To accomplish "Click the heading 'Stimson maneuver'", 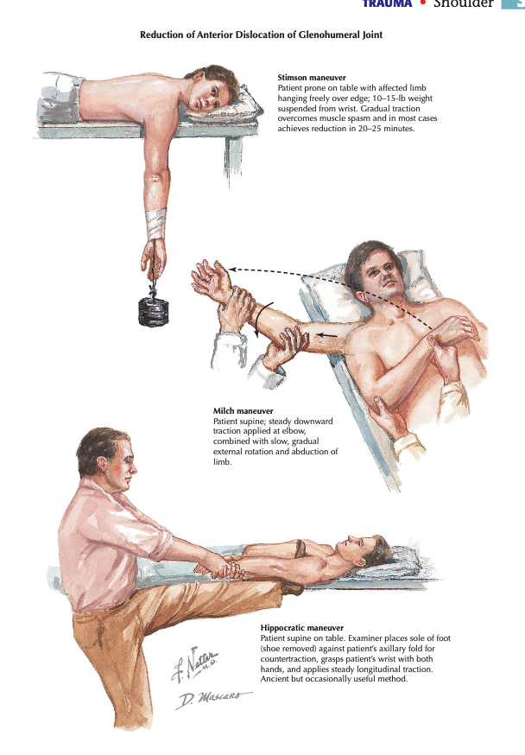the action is (312, 78).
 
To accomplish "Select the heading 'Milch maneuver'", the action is (243, 410).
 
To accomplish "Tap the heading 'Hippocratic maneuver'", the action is (302, 628).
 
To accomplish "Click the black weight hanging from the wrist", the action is (154, 311).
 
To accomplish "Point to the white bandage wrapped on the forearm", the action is (156, 224).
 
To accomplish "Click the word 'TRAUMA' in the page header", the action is (388, 3).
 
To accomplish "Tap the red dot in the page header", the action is (423, 3).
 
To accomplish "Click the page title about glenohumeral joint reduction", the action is (262, 35).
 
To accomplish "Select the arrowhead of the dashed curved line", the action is (231, 269).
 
